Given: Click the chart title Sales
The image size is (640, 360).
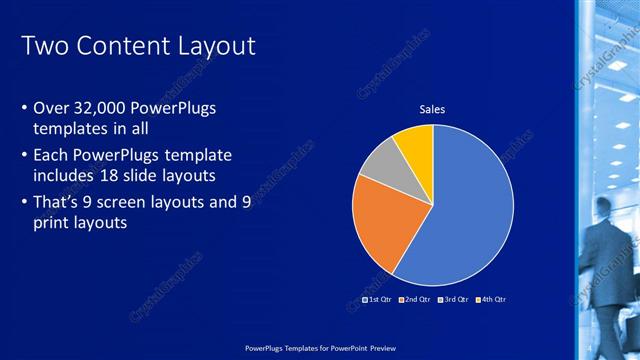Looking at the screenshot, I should [432, 109].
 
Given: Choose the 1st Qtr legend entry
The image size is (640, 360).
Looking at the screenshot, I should [375, 299].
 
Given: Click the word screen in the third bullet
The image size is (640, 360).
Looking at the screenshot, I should [133, 202].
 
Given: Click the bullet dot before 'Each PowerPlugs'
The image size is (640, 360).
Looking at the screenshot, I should [25, 156].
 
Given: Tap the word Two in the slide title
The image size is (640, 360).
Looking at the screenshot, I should [42, 46].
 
